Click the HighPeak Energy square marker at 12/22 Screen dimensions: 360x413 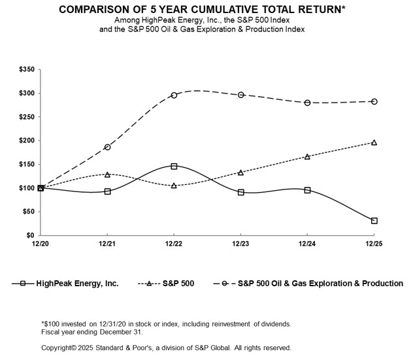pyautogui.click(x=174, y=167)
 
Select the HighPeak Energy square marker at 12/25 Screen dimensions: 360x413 pyautogui.click(x=374, y=221)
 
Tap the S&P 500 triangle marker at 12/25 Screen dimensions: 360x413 pyautogui.click(x=374, y=142)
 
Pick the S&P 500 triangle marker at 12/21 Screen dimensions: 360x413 pyautogui.click(x=107, y=174)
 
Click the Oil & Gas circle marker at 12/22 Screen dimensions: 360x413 pyautogui.click(x=174, y=95)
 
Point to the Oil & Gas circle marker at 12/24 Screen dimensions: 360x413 pyautogui.click(x=307, y=103)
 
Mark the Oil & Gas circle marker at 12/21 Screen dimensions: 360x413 pyautogui.click(x=107, y=147)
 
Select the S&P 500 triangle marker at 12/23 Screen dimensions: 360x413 pyautogui.click(x=240, y=172)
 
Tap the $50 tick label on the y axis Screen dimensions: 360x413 pyautogui.click(x=29, y=212)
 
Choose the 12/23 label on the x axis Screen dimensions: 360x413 pyautogui.click(x=240, y=243)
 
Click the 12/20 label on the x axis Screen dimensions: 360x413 pyautogui.click(x=41, y=243)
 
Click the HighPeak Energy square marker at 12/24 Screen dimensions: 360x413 pyautogui.click(x=307, y=190)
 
